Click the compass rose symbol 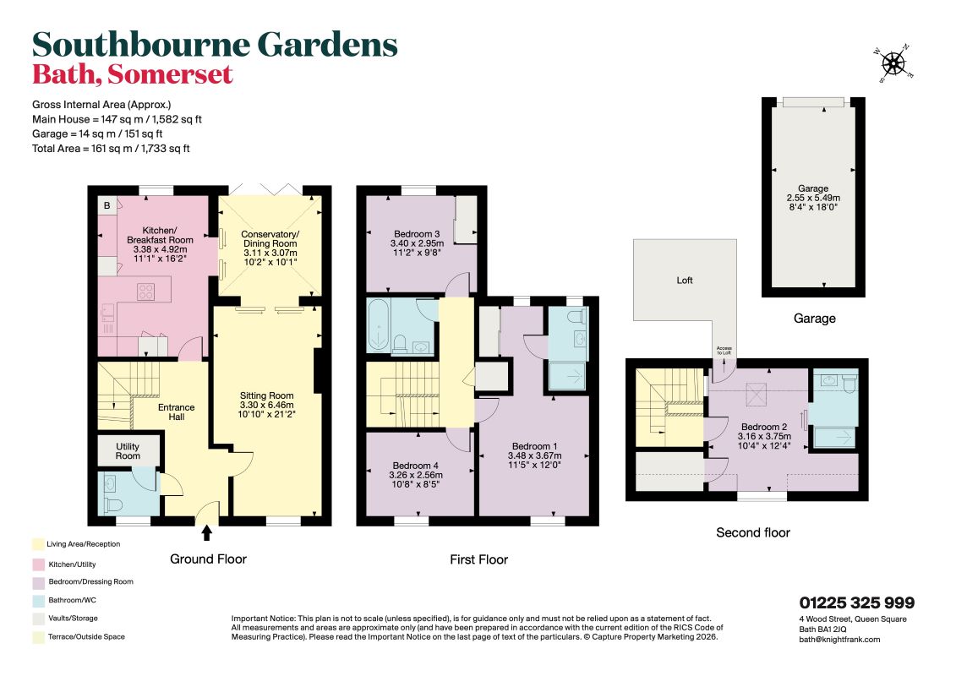coord(893,63)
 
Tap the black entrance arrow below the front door coord(207,532)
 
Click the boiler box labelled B coord(107,205)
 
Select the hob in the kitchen coord(145,292)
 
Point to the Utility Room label coord(128,451)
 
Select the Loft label coord(685,281)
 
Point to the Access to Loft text coord(724,351)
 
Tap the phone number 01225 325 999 coord(856,602)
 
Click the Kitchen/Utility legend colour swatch coord(38,564)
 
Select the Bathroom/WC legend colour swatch coord(38,601)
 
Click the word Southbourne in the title coord(141,44)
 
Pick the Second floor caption coord(753,532)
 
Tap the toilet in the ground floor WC coord(112,505)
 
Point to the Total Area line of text coord(111,148)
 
